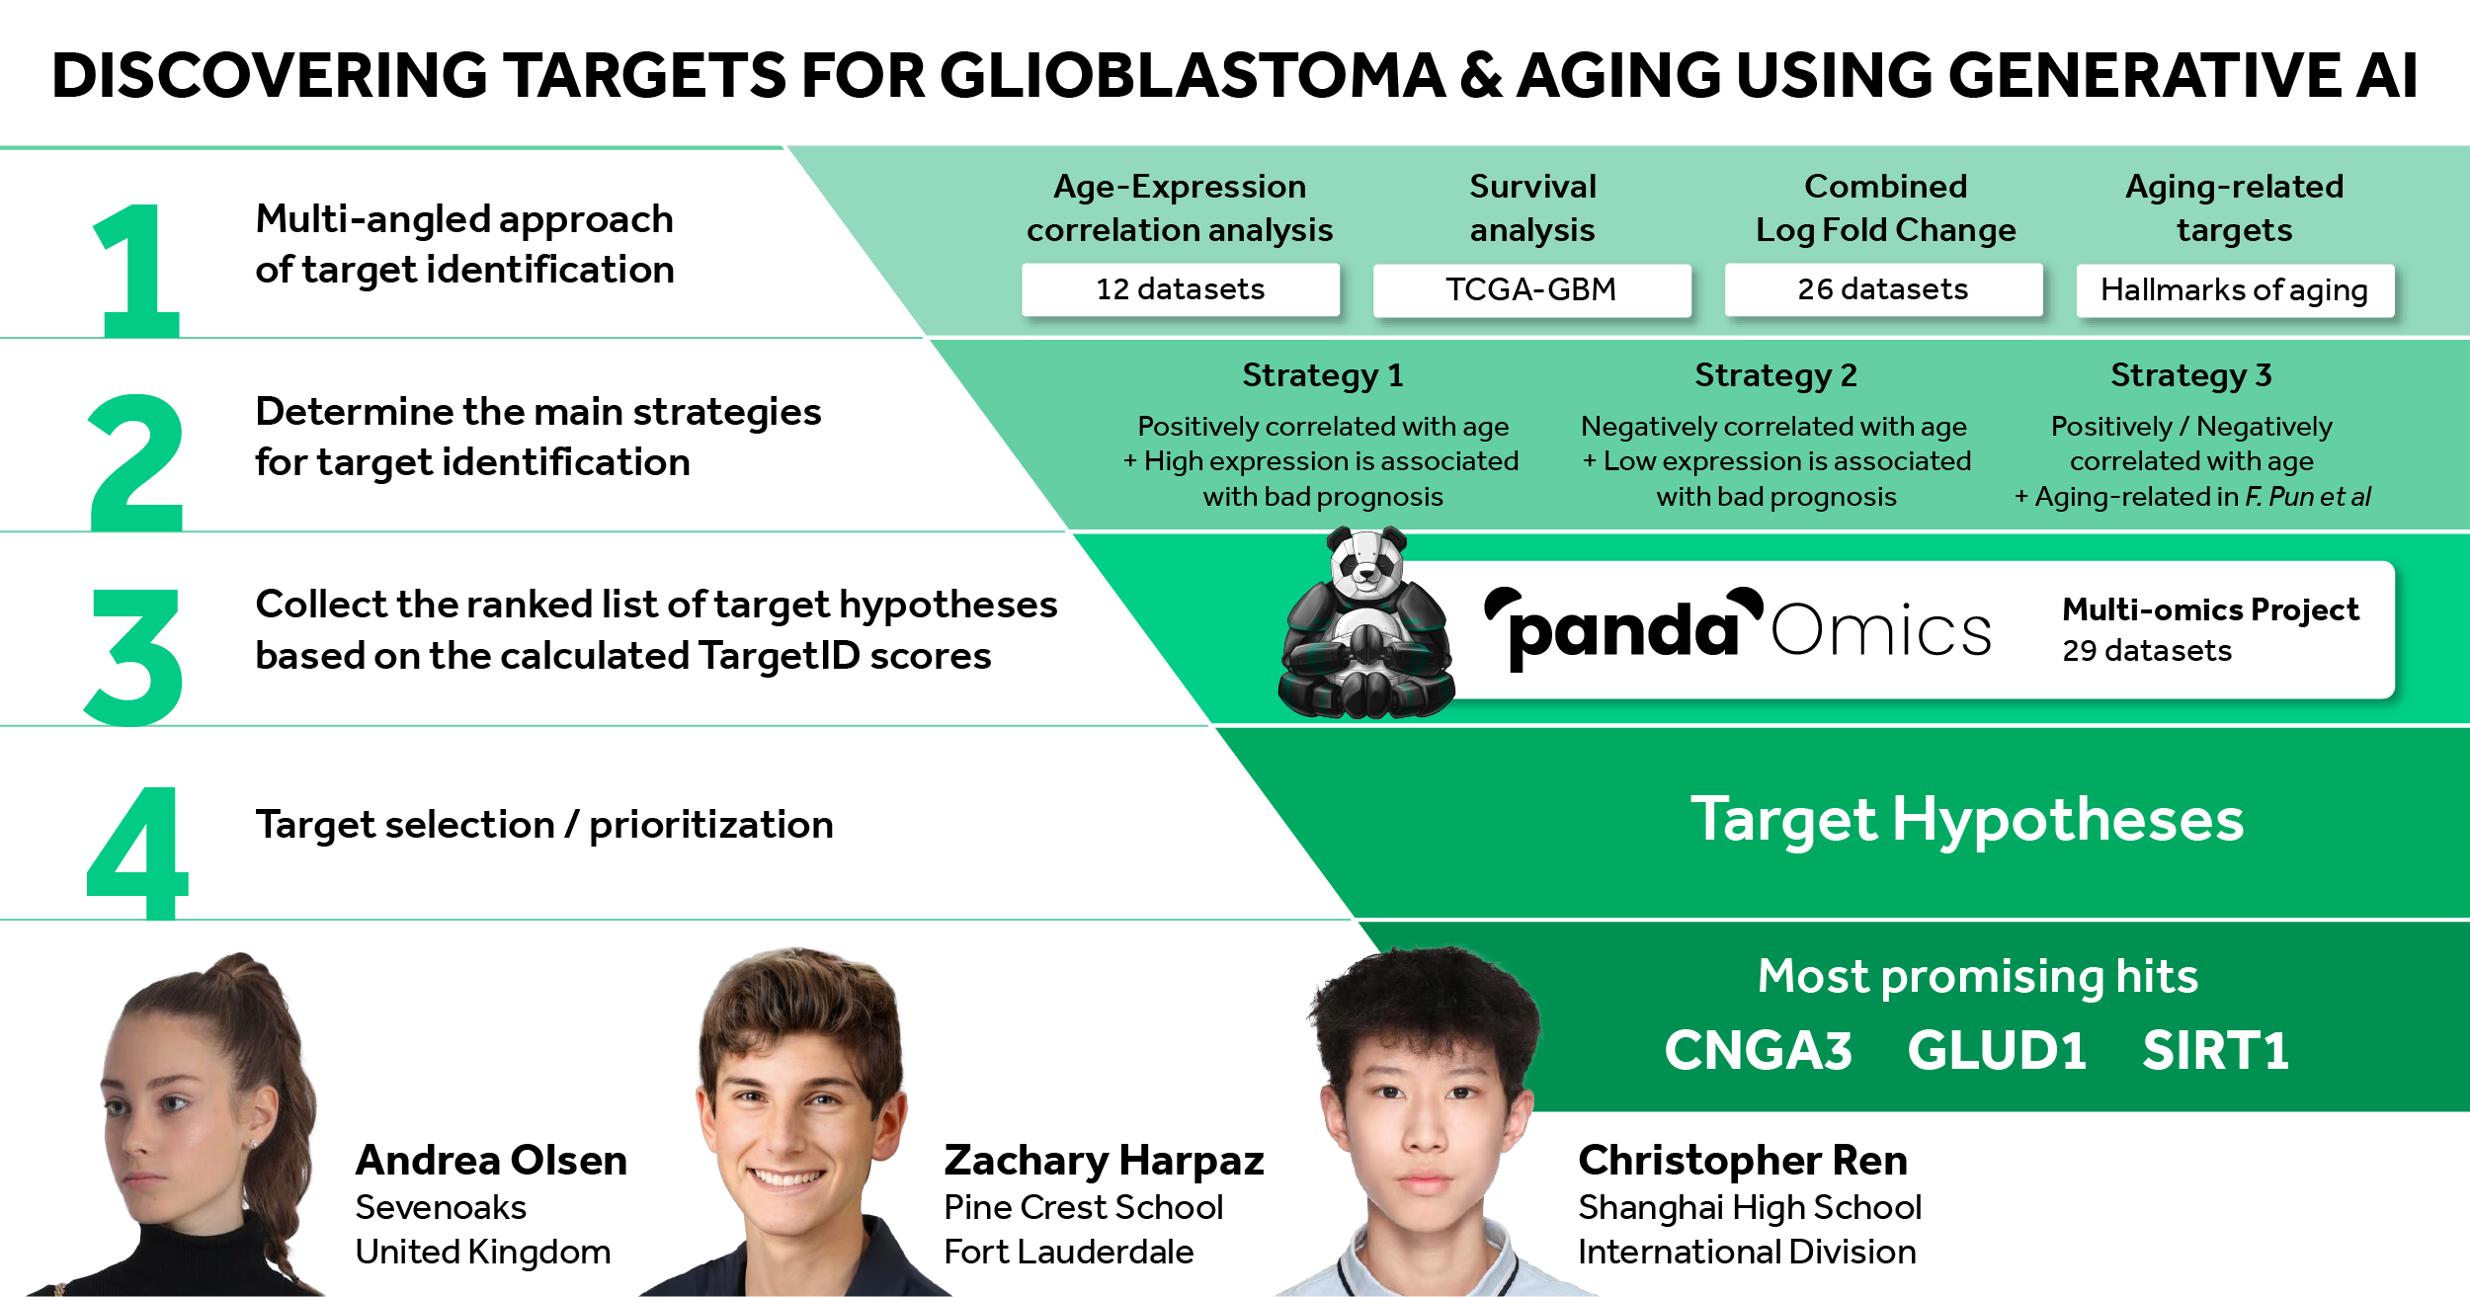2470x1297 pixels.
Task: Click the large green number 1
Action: click(x=138, y=270)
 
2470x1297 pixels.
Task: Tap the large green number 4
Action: click(x=138, y=852)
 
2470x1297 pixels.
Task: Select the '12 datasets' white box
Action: click(x=1181, y=289)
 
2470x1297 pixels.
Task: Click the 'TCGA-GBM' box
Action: click(x=1531, y=289)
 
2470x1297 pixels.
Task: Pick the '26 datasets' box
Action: click(x=1883, y=289)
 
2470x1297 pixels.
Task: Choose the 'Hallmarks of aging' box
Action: click(x=2235, y=290)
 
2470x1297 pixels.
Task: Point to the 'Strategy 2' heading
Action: click(x=1775, y=375)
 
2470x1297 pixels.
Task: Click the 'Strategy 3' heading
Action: click(x=2191, y=375)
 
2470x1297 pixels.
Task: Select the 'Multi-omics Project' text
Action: click(x=2210, y=609)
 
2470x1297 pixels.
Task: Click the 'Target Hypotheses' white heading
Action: click(x=1966, y=820)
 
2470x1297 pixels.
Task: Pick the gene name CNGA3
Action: click(x=1758, y=1050)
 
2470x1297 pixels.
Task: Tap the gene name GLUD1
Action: click(x=1997, y=1050)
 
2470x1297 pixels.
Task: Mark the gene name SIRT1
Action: click(x=2215, y=1050)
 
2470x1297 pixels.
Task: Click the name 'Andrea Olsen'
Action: click(x=491, y=1161)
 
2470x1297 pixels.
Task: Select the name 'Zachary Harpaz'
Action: click(x=1104, y=1162)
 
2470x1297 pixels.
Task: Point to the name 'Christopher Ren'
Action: click(x=1743, y=1162)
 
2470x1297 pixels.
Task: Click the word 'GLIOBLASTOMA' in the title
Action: click(x=1193, y=75)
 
